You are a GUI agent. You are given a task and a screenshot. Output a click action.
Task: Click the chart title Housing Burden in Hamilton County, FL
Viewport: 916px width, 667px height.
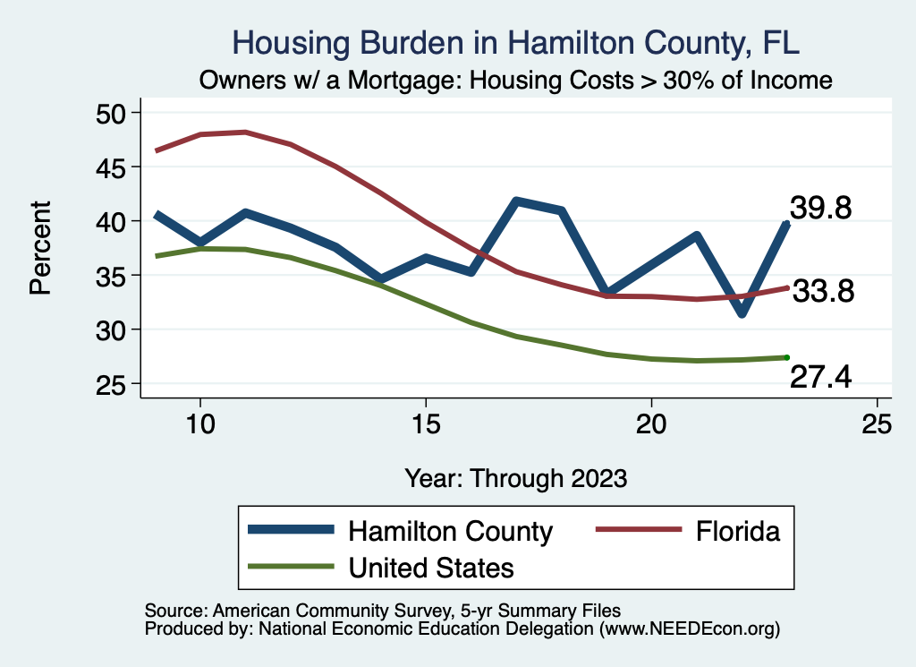516,42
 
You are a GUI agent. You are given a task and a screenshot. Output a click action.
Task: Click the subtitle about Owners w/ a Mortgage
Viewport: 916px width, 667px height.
516,81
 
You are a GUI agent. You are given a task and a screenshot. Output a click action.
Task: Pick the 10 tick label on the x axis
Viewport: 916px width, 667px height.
200,424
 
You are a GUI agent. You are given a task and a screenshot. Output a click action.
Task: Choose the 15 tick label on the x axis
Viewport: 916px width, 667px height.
426,424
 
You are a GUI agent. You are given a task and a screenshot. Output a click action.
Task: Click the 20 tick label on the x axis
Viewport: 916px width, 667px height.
651,424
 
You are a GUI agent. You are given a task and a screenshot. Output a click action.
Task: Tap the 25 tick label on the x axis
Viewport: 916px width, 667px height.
877,424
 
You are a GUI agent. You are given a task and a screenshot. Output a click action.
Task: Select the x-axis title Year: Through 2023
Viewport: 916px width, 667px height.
516,477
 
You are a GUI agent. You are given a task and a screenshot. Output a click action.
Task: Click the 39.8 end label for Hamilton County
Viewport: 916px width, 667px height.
820,209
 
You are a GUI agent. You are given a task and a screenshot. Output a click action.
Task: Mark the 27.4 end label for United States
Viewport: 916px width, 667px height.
820,379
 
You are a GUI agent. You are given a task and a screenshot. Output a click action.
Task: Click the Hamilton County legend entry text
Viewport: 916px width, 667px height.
451,531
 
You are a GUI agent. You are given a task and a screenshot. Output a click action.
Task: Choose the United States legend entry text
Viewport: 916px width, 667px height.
431,568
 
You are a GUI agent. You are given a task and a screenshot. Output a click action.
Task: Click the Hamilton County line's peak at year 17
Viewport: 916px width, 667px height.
516,201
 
